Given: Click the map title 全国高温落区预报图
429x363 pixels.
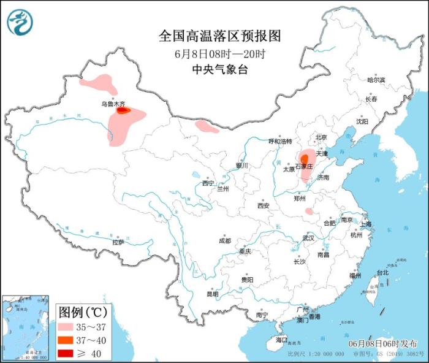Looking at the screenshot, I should pos(219,36).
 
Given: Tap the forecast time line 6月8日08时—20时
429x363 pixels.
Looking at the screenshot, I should pos(219,54).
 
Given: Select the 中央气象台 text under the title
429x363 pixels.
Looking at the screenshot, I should pos(219,70).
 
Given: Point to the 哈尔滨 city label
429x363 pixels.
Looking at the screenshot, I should pos(376,80).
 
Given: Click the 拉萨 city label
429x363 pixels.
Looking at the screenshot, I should pos(118,242).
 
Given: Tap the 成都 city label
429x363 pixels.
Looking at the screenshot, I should pos(224,241).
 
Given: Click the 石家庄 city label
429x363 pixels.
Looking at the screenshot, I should pos(305,166).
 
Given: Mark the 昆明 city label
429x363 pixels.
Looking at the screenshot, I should pos(212,294).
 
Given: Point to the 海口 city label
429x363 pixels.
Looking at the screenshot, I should pos(281,339).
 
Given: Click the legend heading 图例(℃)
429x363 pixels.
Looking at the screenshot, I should pos(84,311).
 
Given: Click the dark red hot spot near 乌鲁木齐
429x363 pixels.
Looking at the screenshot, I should pos(123,111).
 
